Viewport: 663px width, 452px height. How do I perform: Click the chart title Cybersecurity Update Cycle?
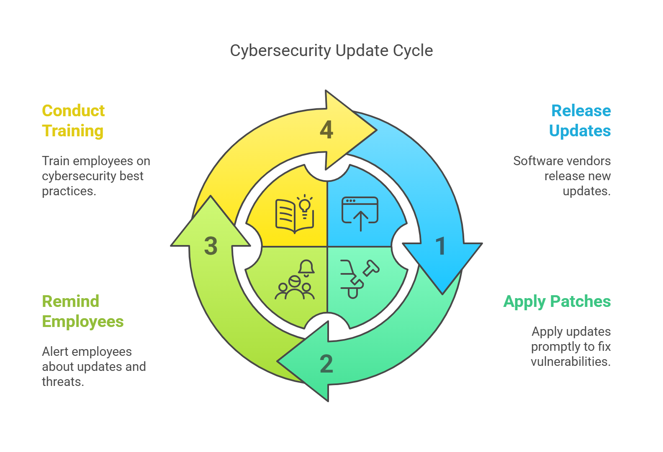(x=331, y=51)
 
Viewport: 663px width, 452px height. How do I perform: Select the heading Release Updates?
(x=580, y=121)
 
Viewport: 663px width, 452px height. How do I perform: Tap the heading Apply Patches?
(x=557, y=301)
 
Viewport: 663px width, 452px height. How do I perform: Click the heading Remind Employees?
(x=82, y=312)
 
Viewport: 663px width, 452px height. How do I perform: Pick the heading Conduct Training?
(x=73, y=121)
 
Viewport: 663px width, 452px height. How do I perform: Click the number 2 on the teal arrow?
(x=326, y=364)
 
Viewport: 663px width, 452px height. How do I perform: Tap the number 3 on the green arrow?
(x=211, y=245)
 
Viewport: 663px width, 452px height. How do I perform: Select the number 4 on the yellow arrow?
(x=326, y=130)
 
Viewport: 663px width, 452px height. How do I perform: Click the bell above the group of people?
(x=306, y=268)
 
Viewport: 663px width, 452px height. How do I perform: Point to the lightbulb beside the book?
(x=305, y=206)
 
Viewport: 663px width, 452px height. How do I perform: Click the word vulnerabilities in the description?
(x=570, y=362)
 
